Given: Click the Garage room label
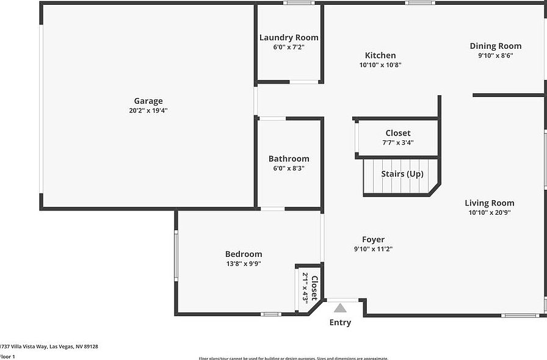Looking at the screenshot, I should click(x=148, y=101).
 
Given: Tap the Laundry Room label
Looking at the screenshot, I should click(x=289, y=38).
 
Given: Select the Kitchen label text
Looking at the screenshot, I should click(x=380, y=56).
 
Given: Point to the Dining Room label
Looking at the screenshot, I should click(x=495, y=46).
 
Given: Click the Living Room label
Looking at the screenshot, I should click(x=489, y=203).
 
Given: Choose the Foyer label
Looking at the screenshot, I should click(x=373, y=240).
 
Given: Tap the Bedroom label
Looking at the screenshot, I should click(x=244, y=254).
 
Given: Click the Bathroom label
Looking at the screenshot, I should click(x=289, y=159).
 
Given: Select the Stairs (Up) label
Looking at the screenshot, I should click(x=402, y=174).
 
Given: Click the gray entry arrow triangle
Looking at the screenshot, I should click(x=340, y=308).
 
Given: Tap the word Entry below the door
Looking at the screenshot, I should click(x=340, y=323).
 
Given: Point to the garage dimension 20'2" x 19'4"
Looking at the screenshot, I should click(x=148, y=111).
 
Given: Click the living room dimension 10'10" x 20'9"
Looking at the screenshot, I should click(x=489, y=213).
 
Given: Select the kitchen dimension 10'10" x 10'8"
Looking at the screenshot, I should click(x=380, y=65).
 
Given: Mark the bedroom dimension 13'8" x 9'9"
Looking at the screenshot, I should click(x=244, y=264).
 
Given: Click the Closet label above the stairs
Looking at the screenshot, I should click(x=397, y=133).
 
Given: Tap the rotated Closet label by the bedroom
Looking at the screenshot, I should click(x=314, y=288).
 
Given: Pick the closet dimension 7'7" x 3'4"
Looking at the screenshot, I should click(x=397, y=143).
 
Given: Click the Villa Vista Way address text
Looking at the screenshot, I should click(x=49, y=347).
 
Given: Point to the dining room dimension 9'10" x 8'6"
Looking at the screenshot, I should click(x=495, y=56).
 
